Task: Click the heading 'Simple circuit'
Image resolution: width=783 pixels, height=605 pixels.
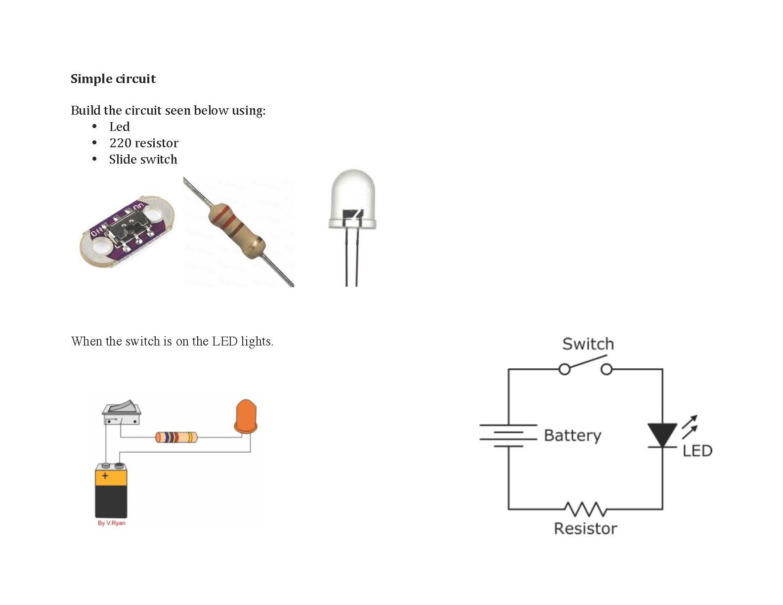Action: coord(113,79)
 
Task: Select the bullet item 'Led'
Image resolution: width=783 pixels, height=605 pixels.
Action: coord(119,127)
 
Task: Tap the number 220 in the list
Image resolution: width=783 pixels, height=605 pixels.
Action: coord(120,143)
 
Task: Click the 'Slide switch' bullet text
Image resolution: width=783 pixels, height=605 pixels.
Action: coord(143,160)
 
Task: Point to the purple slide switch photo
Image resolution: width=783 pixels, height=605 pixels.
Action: coord(127,231)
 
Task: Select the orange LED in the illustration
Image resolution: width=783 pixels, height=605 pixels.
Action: coord(246,418)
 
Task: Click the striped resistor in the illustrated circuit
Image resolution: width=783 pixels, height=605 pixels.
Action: coord(176,437)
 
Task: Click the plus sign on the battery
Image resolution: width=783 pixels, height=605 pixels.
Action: coord(105,476)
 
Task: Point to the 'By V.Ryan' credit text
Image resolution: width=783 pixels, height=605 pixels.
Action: coord(111,523)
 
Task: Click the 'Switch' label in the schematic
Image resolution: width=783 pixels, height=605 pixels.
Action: coord(588,344)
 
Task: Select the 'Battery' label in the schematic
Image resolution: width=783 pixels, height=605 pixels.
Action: coord(572,435)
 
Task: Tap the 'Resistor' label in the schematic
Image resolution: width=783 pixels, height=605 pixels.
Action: coord(585,528)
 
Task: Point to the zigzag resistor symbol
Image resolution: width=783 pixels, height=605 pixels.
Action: coord(585,509)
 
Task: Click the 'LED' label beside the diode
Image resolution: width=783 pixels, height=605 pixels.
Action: coord(697,451)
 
